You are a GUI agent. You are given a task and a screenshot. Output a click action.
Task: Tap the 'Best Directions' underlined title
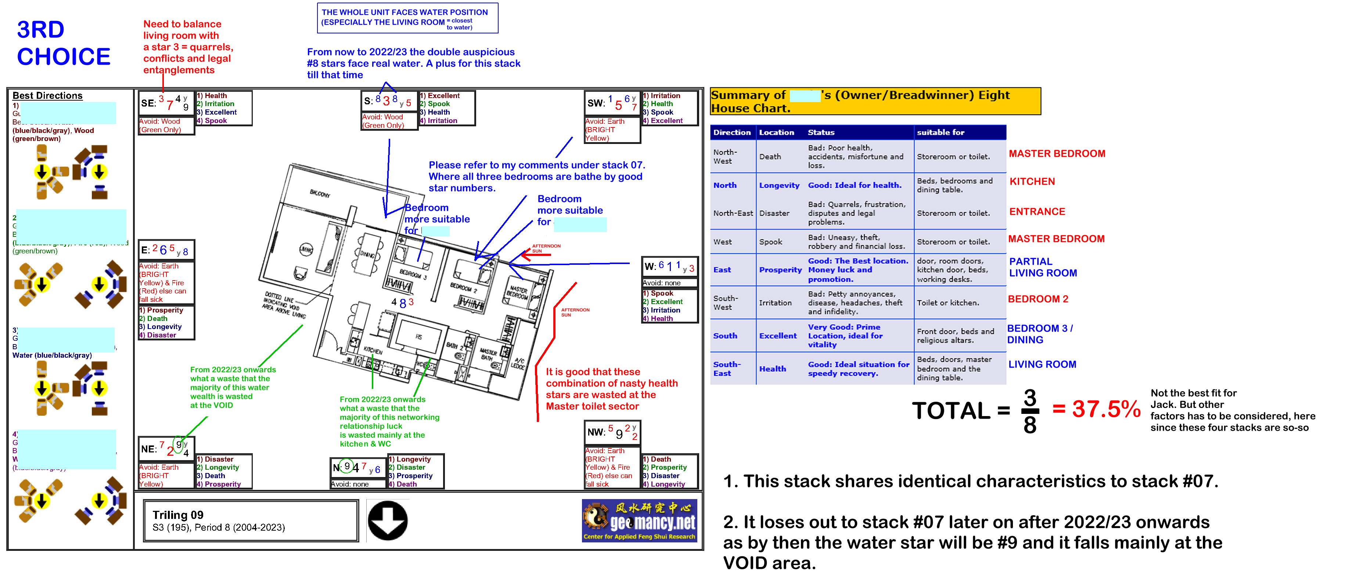pos(47,95)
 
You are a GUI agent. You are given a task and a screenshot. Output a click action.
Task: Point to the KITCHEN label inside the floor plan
pos(373,350)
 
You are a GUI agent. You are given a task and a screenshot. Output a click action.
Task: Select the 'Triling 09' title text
pos(178,515)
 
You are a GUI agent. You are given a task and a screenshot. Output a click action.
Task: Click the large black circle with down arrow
pos(388,521)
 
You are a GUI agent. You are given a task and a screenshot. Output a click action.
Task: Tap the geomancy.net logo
pos(639,521)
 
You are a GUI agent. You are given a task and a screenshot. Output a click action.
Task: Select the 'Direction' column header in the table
pos(732,133)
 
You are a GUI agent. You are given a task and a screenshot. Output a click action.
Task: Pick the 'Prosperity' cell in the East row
pos(780,270)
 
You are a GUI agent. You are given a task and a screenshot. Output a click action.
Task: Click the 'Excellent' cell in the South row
pos(778,336)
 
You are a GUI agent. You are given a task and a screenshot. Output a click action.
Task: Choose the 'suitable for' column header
pos(940,133)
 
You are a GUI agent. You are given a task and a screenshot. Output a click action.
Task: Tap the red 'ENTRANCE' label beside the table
pos(1037,212)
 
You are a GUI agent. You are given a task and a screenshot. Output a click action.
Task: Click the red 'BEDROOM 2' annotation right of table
pos(1038,299)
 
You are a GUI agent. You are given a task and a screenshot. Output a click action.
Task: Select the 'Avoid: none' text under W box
pos(662,283)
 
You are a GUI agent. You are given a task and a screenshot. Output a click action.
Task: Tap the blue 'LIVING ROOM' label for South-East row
pos(1042,365)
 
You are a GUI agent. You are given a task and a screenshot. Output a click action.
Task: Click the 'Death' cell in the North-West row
pos(770,157)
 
